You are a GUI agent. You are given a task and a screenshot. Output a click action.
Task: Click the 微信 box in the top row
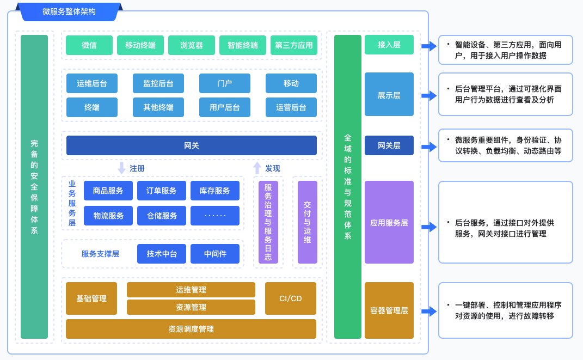click(x=89, y=45)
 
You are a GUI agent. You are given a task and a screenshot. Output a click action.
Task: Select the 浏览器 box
click(x=192, y=45)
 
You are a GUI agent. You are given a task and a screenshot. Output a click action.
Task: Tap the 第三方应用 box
click(x=294, y=45)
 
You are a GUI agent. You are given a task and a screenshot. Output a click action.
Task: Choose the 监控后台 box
click(x=158, y=83)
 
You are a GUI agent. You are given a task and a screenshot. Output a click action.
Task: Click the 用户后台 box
click(x=225, y=107)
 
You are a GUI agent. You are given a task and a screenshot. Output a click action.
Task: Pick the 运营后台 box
click(x=291, y=107)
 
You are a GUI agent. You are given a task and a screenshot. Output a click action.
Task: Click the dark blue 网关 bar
click(x=192, y=145)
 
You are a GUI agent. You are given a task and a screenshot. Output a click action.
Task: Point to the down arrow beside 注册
click(x=122, y=168)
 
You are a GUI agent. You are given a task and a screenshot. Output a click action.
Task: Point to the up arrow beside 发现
click(x=257, y=168)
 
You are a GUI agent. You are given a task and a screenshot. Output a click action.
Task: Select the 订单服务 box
click(x=162, y=191)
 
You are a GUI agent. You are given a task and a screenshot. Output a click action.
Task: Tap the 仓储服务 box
click(x=162, y=216)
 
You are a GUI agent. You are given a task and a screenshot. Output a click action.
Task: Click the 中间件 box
click(x=215, y=254)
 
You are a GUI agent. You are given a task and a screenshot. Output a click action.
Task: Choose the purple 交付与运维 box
click(x=308, y=222)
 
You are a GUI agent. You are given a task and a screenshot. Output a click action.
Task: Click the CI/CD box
click(x=291, y=298)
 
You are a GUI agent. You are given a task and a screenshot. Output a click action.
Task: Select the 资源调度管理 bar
click(x=191, y=329)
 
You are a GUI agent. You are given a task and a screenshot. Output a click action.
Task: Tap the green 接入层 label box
click(x=389, y=45)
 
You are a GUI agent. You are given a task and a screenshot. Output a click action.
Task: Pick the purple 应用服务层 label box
click(x=389, y=222)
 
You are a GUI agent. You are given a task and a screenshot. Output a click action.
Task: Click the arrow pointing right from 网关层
click(x=429, y=147)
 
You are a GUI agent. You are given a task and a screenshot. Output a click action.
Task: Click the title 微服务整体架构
click(x=69, y=11)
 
